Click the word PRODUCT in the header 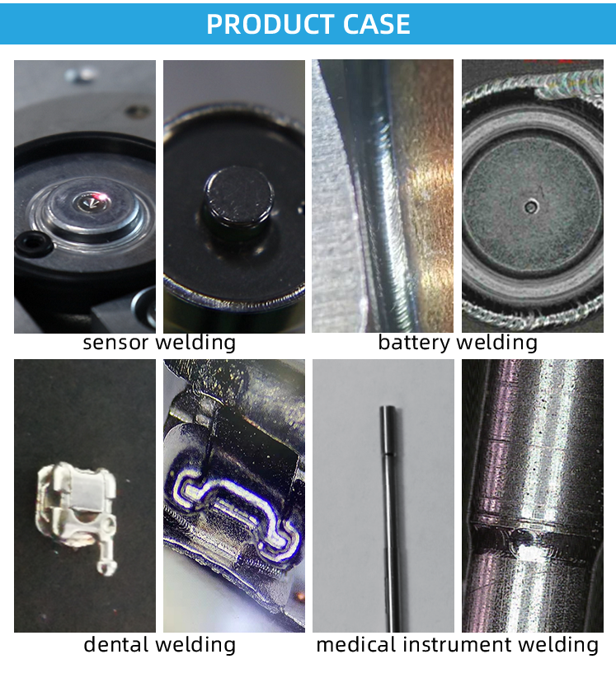(270, 24)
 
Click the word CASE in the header (376, 24)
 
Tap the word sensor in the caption (115, 343)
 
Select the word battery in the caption (414, 342)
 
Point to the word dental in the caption (115, 644)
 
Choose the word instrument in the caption (458, 645)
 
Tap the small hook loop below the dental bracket (106, 568)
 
